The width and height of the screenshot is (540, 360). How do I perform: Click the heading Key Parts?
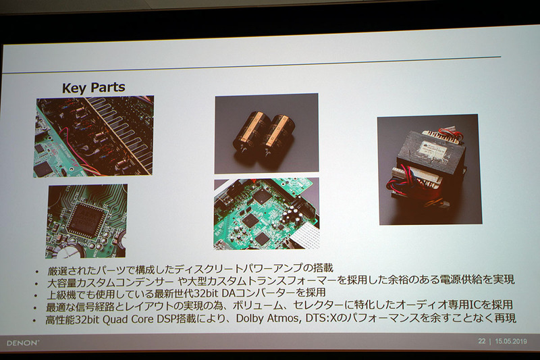[x=93, y=88]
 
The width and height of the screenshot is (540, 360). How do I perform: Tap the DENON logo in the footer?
[x=23, y=342]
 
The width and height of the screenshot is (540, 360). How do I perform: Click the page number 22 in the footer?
[x=481, y=341]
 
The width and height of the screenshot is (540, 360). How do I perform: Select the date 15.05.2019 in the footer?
[x=511, y=341]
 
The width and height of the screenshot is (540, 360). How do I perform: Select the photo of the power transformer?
[x=429, y=170]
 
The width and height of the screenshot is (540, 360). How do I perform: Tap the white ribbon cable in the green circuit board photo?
[x=304, y=238]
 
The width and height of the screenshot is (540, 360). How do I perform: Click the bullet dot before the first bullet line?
[x=38, y=272]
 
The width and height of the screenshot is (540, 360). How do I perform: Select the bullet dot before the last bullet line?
[x=34, y=321]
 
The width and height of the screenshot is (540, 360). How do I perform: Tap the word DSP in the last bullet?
[x=166, y=319]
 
